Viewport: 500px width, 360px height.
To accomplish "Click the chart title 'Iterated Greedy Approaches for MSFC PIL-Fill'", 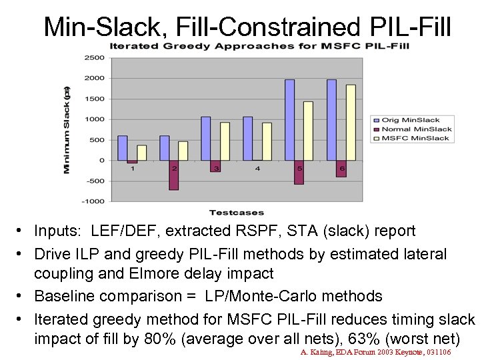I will [259, 46].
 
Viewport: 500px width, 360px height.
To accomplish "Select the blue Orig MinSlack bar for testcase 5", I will [289, 120].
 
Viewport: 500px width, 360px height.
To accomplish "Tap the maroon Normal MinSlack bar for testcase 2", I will [174, 175].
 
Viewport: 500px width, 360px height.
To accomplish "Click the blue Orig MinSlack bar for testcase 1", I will [122, 148].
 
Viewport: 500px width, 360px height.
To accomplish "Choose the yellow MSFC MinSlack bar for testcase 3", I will [225, 141].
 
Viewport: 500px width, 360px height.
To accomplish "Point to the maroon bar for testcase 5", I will [299, 172].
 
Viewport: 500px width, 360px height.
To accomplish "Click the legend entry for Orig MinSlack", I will [407, 120].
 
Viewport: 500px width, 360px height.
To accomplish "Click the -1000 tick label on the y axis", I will [93, 201].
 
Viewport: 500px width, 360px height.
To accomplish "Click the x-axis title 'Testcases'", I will [237, 213].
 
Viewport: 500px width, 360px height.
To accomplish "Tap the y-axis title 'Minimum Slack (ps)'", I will [67, 129].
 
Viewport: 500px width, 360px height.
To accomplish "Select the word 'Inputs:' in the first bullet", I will [57, 231].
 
